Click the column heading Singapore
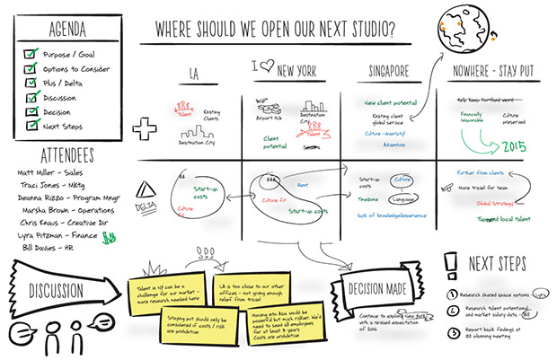[x=394, y=70]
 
